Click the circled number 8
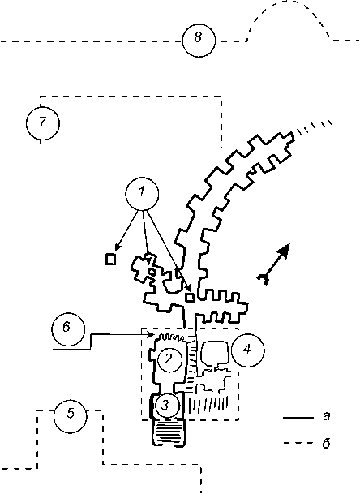(x=199, y=40)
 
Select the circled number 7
(x=42, y=122)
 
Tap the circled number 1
(x=142, y=194)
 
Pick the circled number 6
(x=68, y=329)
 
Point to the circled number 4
(x=248, y=350)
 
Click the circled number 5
(x=70, y=416)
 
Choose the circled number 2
(x=169, y=359)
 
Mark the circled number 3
(x=167, y=406)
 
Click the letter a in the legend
(x=327, y=416)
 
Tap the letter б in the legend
(x=326, y=443)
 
